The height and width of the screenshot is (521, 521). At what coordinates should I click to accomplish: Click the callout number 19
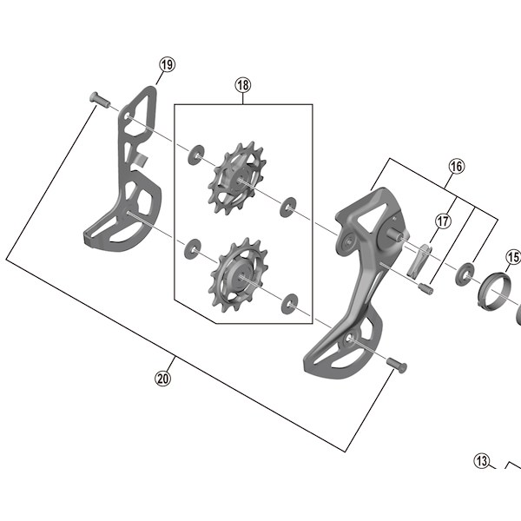click(167, 64)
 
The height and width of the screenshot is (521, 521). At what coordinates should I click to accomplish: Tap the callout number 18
click(243, 85)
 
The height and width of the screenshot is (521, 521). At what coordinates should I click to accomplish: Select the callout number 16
click(457, 166)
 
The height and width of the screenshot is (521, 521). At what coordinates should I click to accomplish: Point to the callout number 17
click(443, 221)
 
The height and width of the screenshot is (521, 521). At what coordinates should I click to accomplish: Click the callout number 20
click(163, 378)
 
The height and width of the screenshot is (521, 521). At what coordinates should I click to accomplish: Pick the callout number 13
click(482, 461)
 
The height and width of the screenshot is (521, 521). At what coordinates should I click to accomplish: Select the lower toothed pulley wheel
click(238, 275)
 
